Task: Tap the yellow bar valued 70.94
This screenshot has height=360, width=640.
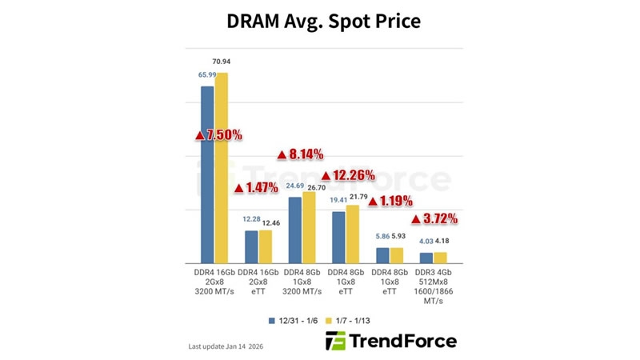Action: (x=222, y=168)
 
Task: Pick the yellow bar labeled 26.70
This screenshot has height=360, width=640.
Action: (x=309, y=227)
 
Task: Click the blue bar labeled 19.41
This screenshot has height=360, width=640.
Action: (x=338, y=237)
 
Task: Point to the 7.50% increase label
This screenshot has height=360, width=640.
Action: (x=218, y=135)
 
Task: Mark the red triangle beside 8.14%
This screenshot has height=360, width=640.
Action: (x=282, y=154)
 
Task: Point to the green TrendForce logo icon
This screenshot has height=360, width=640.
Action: (x=336, y=342)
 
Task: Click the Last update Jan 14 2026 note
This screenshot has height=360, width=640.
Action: (x=226, y=346)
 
